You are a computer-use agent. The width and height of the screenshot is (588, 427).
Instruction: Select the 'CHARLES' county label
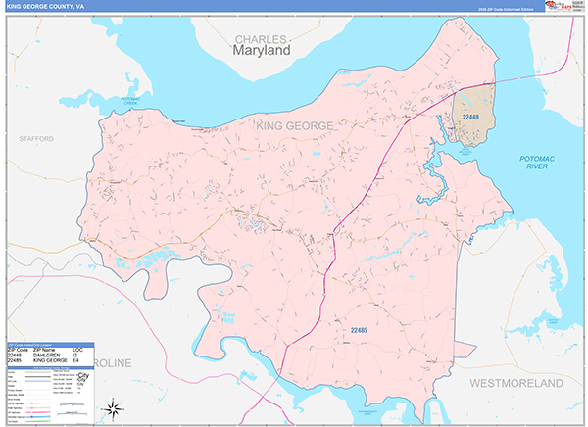pyautogui.click(x=261, y=38)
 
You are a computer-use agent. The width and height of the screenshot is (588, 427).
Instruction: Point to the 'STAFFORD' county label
pyautogui.click(x=36, y=140)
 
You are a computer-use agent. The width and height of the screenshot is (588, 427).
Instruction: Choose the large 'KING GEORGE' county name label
pyautogui.click(x=294, y=126)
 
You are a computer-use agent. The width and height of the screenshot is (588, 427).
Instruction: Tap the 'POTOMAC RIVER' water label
pyautogui.click(x=536, y=163)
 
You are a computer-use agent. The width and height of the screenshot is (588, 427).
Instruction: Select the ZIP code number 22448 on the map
pyautogui.click(x=471, y=118)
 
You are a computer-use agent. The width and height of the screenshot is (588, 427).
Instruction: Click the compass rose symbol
pyautogui.click(x=115, y=407)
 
